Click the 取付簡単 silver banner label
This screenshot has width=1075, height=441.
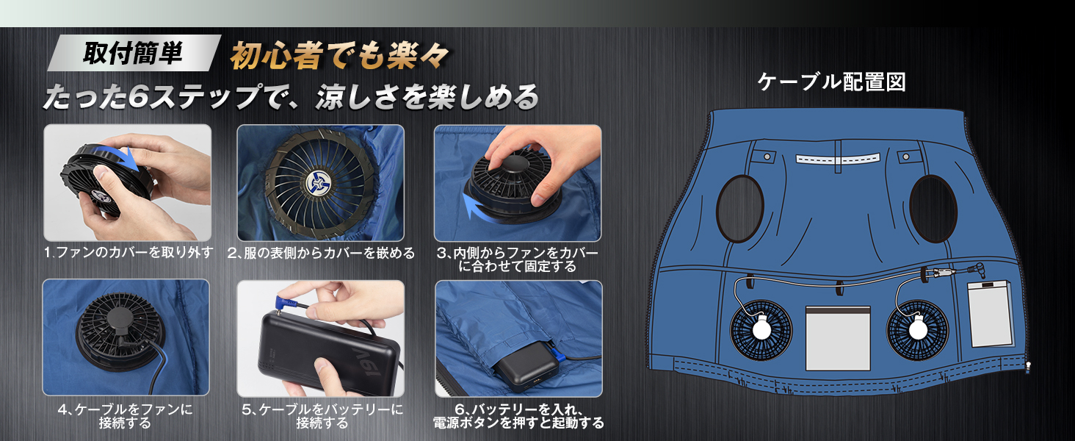click(134, 53)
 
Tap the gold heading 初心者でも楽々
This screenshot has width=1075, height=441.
click(339, 57)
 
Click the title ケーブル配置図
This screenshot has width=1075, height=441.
click(832, 82)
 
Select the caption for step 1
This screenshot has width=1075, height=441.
click(129, 252)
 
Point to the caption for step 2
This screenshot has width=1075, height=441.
click(321, 253)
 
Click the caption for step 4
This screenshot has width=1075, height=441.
click(126, 416)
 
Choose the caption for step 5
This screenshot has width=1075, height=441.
click(322, 416)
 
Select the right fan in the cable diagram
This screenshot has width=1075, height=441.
click(917, 330)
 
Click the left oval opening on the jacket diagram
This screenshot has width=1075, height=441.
click(739, 208)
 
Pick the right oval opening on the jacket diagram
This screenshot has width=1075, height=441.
click(933, 209)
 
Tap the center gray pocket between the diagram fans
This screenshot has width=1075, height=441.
click(838, 338)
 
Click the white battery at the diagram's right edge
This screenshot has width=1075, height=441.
click(990, 314)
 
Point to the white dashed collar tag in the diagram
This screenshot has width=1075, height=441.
click(837, 159)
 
